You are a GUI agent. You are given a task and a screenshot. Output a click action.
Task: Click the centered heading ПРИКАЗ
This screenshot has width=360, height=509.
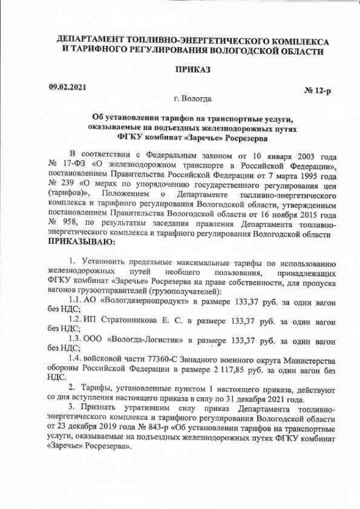tap(193, 70)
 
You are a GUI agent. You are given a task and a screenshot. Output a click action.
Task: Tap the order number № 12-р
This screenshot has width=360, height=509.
tap(317, 92)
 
